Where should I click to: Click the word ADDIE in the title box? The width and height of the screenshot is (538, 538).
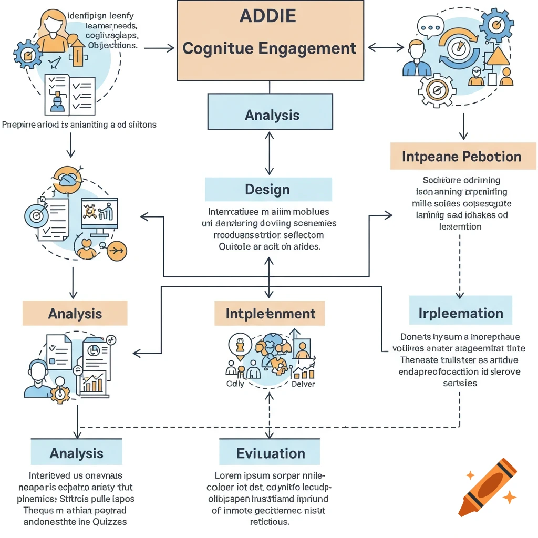tap(267, 16)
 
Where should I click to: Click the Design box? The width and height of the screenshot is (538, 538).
tap(267, 189)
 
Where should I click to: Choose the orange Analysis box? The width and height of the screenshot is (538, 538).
tap(75, 314)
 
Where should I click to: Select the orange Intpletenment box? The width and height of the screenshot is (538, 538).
tap(270, 314)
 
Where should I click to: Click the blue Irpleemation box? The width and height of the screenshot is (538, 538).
tap(460, 314)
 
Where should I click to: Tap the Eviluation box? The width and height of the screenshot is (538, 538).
tap(270, 453)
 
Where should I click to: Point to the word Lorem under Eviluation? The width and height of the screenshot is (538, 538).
tap(223, 475)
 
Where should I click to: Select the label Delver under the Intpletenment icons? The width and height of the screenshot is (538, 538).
tap(303, 384)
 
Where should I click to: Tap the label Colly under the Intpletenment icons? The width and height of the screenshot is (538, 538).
tap(235, 384)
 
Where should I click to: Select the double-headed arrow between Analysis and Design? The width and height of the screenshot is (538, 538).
tap(270, 153)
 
